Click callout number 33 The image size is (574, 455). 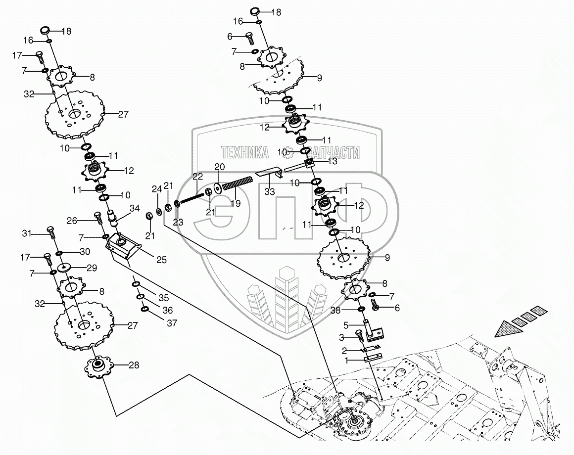point(270,191)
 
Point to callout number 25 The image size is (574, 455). point(161,260)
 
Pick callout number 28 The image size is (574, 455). point(134,365)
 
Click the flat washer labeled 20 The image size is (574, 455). point(218,189)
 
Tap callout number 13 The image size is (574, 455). point(332,161)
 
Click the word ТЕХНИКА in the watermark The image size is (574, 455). point(244,152)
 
